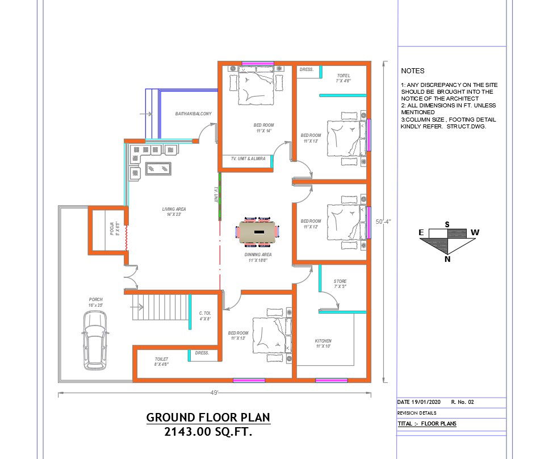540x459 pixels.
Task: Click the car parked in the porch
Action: (x=95, y=341)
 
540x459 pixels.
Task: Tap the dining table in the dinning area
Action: (x=259, y=232)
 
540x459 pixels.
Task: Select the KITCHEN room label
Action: (x=323, y=341)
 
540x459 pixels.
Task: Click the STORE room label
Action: (x=340, y=281)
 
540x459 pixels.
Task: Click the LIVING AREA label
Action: (x=174, y=209)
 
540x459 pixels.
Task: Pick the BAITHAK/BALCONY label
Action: (x=193, y=114)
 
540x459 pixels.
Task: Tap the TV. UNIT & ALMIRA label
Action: (x=245, y=158)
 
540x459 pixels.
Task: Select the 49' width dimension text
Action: (x=215, y=392)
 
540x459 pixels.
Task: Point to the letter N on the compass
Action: (x=448, y=259)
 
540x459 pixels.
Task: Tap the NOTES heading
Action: (x=412, y=71)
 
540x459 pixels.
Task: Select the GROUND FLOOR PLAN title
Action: (x=208, y=417)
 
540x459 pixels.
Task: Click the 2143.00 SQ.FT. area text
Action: (x=208, y=432)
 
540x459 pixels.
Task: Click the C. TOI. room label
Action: (x=204, y=313)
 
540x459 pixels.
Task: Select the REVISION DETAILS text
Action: (x=417, y=413)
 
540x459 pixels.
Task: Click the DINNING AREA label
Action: (x=259, y=254)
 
